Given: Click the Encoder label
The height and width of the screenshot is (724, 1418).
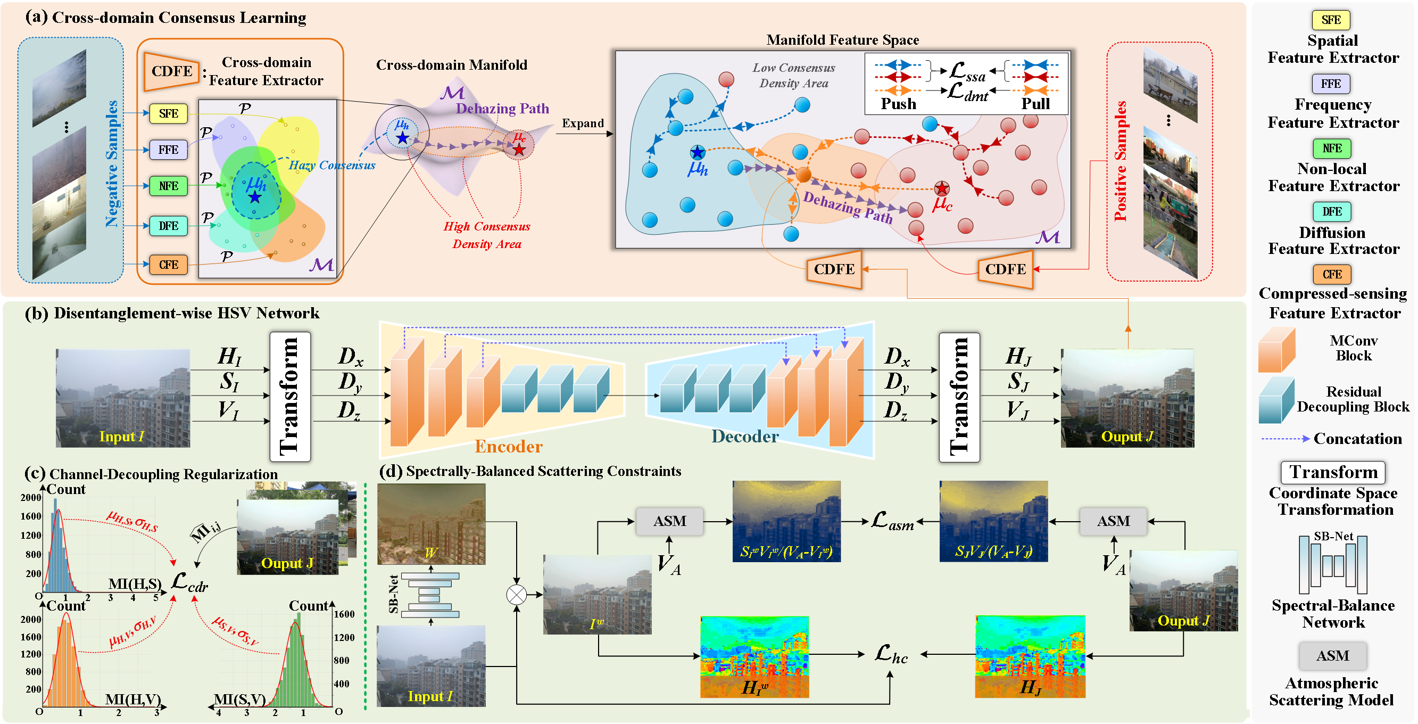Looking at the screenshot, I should click(508, 446).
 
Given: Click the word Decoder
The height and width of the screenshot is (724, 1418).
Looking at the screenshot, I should click(744, 437).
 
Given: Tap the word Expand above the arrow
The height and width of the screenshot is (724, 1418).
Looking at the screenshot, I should click(583, 124).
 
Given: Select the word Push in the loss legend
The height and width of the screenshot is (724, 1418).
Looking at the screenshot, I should click(898, 104).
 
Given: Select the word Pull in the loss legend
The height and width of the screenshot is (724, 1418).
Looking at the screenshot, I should click(1035, 104).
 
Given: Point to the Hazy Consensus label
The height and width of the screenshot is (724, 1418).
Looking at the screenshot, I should click(332, 165).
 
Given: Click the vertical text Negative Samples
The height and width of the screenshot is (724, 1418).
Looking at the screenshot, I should click(112, 163).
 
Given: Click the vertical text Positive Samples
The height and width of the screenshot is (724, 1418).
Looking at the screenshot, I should click(1120, 161).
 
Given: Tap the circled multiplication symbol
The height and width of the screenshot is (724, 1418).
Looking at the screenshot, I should click(516, 595).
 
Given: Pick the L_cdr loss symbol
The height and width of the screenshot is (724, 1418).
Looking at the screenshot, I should click(188, 582).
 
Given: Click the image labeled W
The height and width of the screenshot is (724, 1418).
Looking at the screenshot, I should click(431, 524).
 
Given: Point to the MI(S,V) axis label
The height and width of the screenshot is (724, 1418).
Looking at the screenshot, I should click(239, 699).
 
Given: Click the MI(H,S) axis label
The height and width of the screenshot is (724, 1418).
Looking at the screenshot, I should click(135, 583).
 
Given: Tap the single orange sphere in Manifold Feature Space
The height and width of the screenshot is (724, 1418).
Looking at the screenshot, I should click(803, 175).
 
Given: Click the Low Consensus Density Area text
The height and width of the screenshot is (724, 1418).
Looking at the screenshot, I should click(793, 76).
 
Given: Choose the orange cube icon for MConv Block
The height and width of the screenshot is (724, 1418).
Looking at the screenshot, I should click(1276, 350).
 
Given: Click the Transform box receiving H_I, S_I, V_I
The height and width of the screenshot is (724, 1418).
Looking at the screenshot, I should click(290, 397).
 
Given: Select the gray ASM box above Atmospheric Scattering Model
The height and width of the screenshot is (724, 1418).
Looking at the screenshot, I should click(1332, 655).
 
